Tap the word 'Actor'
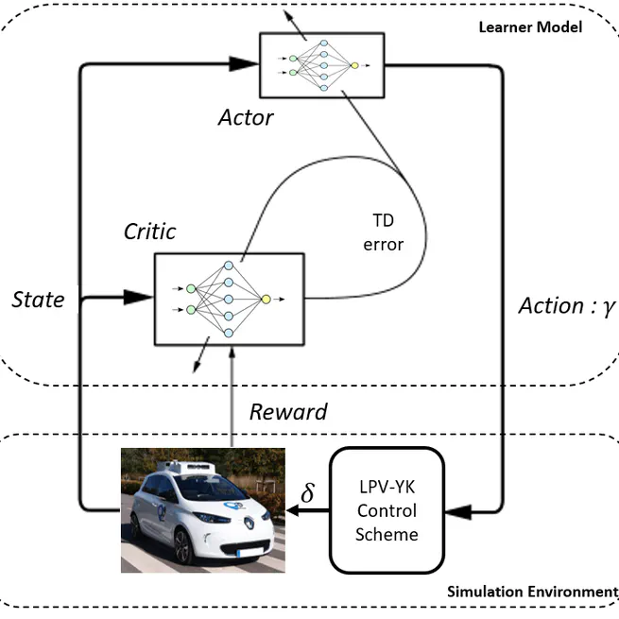pyautogui.click(x=245, y=118)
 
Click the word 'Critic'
pyautogui.click(x=149, y=232)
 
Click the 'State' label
pyautogui.click(x=38, y=300)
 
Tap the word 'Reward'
pyautogui.click(x=287, y=412)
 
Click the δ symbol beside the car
pyautogui.click(x=307, y=494)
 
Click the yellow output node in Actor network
pyautogui.click(x=354, y=65)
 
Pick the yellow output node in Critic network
pyautogui.click(x=266, y=300)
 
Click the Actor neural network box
pyautogui.click(x=321, y=64)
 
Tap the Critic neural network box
pyautogui.click(x=229, y=299)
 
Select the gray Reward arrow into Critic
pyautogui.click(x=230, y=397)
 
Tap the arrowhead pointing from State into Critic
pyautogui.click(x=138, y=298)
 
